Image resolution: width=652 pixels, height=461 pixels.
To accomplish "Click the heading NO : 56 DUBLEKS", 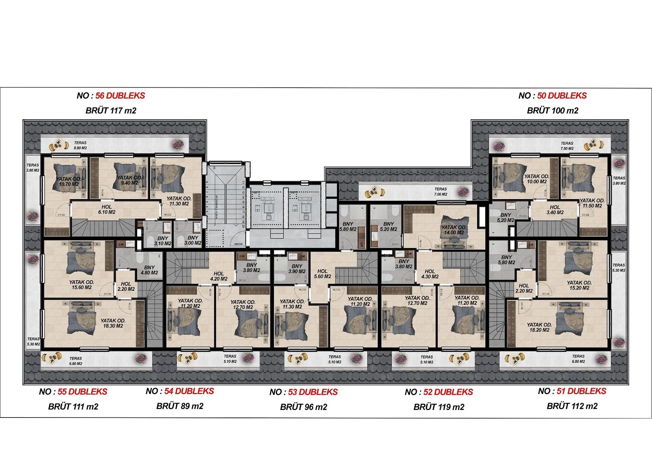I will click(x=111, y=96).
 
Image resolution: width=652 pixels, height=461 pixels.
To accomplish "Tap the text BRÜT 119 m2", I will click(x=439, y=407).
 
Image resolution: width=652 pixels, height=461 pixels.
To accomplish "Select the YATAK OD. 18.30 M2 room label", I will click(x=113, y=323).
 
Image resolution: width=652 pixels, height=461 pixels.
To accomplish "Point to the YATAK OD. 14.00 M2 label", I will click(x=454, y=230).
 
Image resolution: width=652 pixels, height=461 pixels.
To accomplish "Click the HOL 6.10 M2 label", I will click(x=107, y=210).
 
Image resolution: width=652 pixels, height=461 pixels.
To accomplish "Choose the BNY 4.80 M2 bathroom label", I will click(x=149, y=270).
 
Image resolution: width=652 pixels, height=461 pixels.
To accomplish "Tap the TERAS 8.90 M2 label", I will click(x=80, y=145).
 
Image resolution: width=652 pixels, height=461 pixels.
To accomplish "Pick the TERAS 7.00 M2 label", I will click(x=440, y=192).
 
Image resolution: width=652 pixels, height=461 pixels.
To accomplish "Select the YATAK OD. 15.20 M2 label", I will click(x=579, y=285).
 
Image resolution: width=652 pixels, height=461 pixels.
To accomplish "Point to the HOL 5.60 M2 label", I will click(x=322, y=274).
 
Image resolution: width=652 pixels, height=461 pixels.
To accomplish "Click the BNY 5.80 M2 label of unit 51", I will click(x=506, y=260).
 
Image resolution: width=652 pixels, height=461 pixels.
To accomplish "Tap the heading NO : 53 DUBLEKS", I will click(x=304, y=392).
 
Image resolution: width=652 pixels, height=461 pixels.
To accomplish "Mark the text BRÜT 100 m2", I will click(x=553, y=111).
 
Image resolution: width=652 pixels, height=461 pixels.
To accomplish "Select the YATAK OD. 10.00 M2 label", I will click(x=537, y=179).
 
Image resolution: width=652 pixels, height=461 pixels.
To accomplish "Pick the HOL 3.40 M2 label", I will click(x=555, y=210).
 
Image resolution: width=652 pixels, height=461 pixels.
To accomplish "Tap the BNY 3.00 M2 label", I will click(x=193, y=240).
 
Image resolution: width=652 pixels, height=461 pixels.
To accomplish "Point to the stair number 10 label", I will click(x=214, y=168).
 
